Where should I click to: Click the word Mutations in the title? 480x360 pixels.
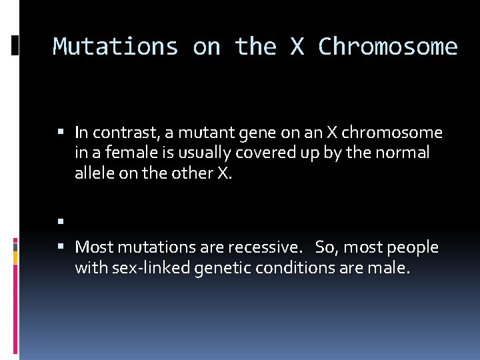115,47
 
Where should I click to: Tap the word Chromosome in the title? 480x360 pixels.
388,47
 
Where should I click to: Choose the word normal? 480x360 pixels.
403,153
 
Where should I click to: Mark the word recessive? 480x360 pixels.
265,248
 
